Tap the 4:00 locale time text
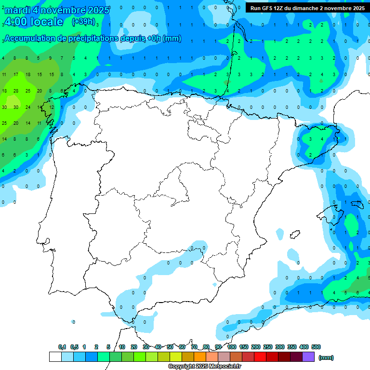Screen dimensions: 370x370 (x=34, y=22)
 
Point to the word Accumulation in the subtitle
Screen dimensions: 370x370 (x=27, y=39)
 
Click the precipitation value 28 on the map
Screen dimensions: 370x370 (x=16, y=91)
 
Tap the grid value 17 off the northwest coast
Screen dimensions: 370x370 (x=16, y=75)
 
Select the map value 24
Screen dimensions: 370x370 (x=28, y=107)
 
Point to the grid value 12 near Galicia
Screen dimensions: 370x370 (x=52, y=107)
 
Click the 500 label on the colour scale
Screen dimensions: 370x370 (x=316, y=347)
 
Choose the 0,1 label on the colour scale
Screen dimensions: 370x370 (x=62, y=347)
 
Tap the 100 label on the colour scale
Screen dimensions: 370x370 (x=231, y=347)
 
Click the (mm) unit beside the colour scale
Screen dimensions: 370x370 (x=326, y=357)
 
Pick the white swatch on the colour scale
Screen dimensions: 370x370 (x=55, y=357)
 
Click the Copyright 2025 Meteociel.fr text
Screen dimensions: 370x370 (x=204, y=367)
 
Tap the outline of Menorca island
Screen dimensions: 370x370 (x=357, y=204)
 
